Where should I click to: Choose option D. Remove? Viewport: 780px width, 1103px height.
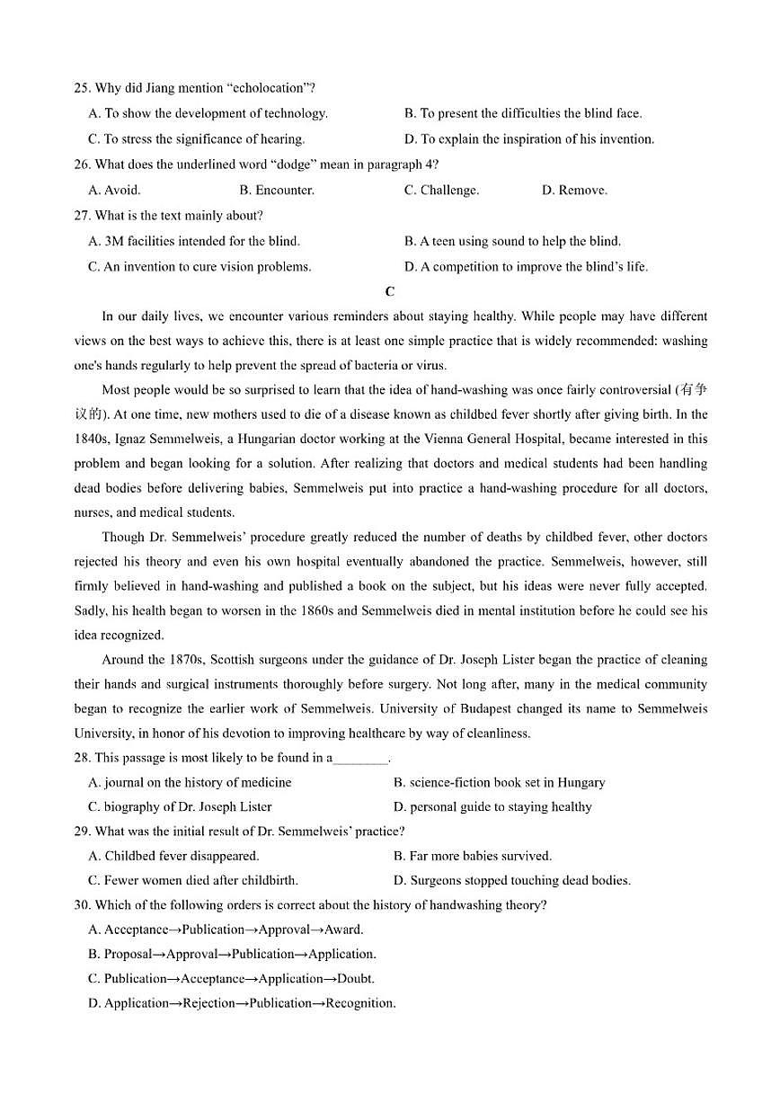point(574,190)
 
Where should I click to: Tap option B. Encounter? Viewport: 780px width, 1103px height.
point(277,190)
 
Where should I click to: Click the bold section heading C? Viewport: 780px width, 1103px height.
point(389,291)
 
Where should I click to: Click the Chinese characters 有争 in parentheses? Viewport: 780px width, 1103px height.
point(694,390)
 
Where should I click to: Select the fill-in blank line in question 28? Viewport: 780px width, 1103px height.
point(359,759)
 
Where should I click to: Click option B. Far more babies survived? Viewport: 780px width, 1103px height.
point(472,856)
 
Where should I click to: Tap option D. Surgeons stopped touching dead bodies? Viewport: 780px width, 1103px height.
point(511,880)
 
